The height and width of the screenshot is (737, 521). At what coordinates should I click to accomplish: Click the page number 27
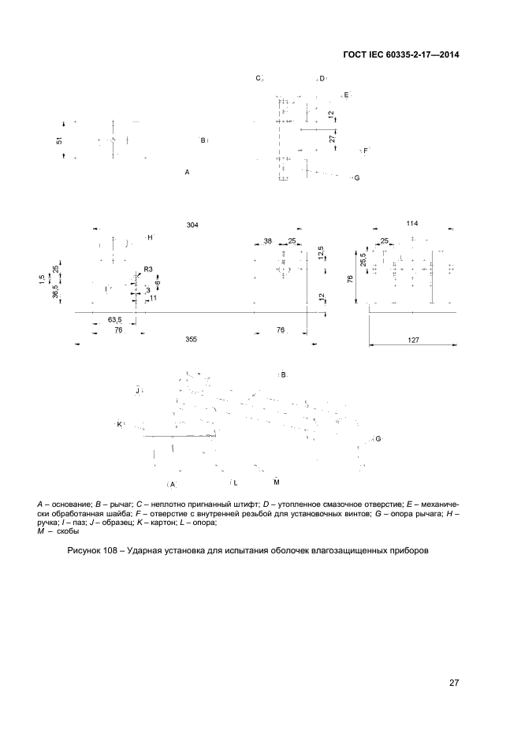tap(454, 683)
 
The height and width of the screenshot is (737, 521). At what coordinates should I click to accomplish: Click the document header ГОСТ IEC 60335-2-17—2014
tap(402, 55)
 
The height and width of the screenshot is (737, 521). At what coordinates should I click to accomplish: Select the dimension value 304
tap(192, 225)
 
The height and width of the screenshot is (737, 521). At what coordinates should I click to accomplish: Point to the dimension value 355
tap(192, 339)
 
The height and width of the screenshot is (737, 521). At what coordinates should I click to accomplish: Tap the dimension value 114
tap(412, 224)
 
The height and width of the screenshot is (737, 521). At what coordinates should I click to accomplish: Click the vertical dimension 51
tap(60, 140)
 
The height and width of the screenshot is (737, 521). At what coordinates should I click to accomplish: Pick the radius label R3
tap(148, 269)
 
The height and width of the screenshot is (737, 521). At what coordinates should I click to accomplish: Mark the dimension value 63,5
tap(114, 320)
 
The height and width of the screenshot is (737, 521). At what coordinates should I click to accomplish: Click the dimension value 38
tap(268, 241)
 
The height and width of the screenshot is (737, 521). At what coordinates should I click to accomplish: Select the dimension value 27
tap(333, 137)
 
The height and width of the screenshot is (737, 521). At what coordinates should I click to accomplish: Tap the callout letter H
tap(150, 237)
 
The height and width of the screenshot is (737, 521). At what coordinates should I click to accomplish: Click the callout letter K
tap(119, 424)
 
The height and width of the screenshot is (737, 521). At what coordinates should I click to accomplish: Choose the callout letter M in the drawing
tap(277, 481)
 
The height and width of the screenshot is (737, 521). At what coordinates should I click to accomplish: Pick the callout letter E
tap(345, 95)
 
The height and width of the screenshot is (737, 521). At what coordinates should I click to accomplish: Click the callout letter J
tap(137, 389)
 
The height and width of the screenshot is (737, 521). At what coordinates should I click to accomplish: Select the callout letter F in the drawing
tap(365, 150)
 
